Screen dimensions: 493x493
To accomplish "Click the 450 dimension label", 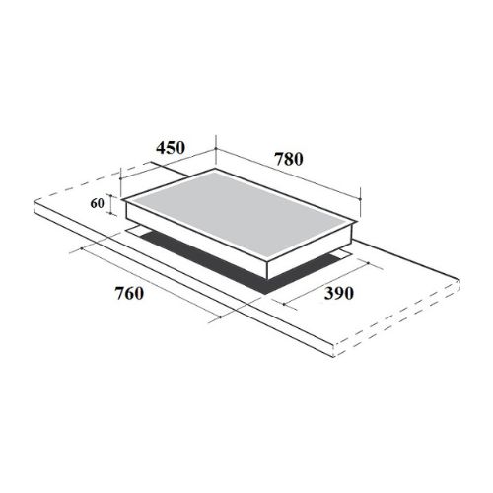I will [x=171, y=148].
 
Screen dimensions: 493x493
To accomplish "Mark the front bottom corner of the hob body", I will [x=268, y=279].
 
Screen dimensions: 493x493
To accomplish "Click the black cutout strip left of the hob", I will [x=163, y=242].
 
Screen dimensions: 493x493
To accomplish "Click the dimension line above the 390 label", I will [x=330, y=281].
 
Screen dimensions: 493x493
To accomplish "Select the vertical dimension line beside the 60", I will [x=112, y=206].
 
